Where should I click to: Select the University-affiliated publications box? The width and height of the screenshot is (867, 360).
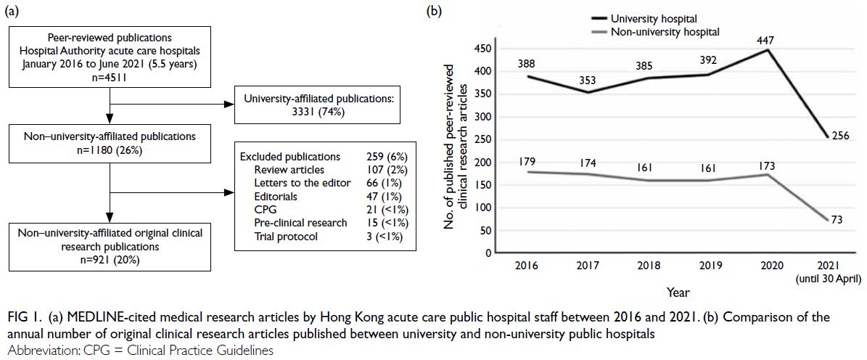tap(317, 106)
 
